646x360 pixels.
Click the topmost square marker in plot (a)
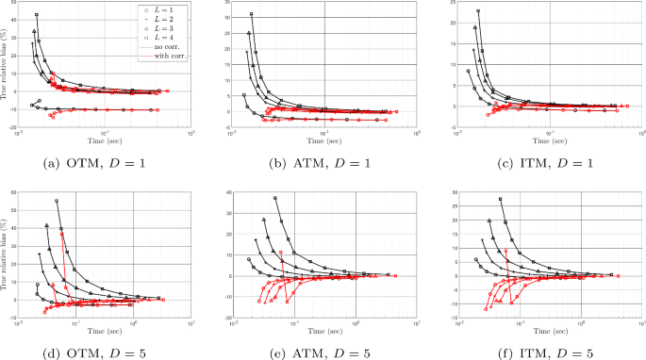tap(37, 15)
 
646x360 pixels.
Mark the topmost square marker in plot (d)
tap(57, 201)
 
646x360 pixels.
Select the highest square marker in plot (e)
tap(275, 198)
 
